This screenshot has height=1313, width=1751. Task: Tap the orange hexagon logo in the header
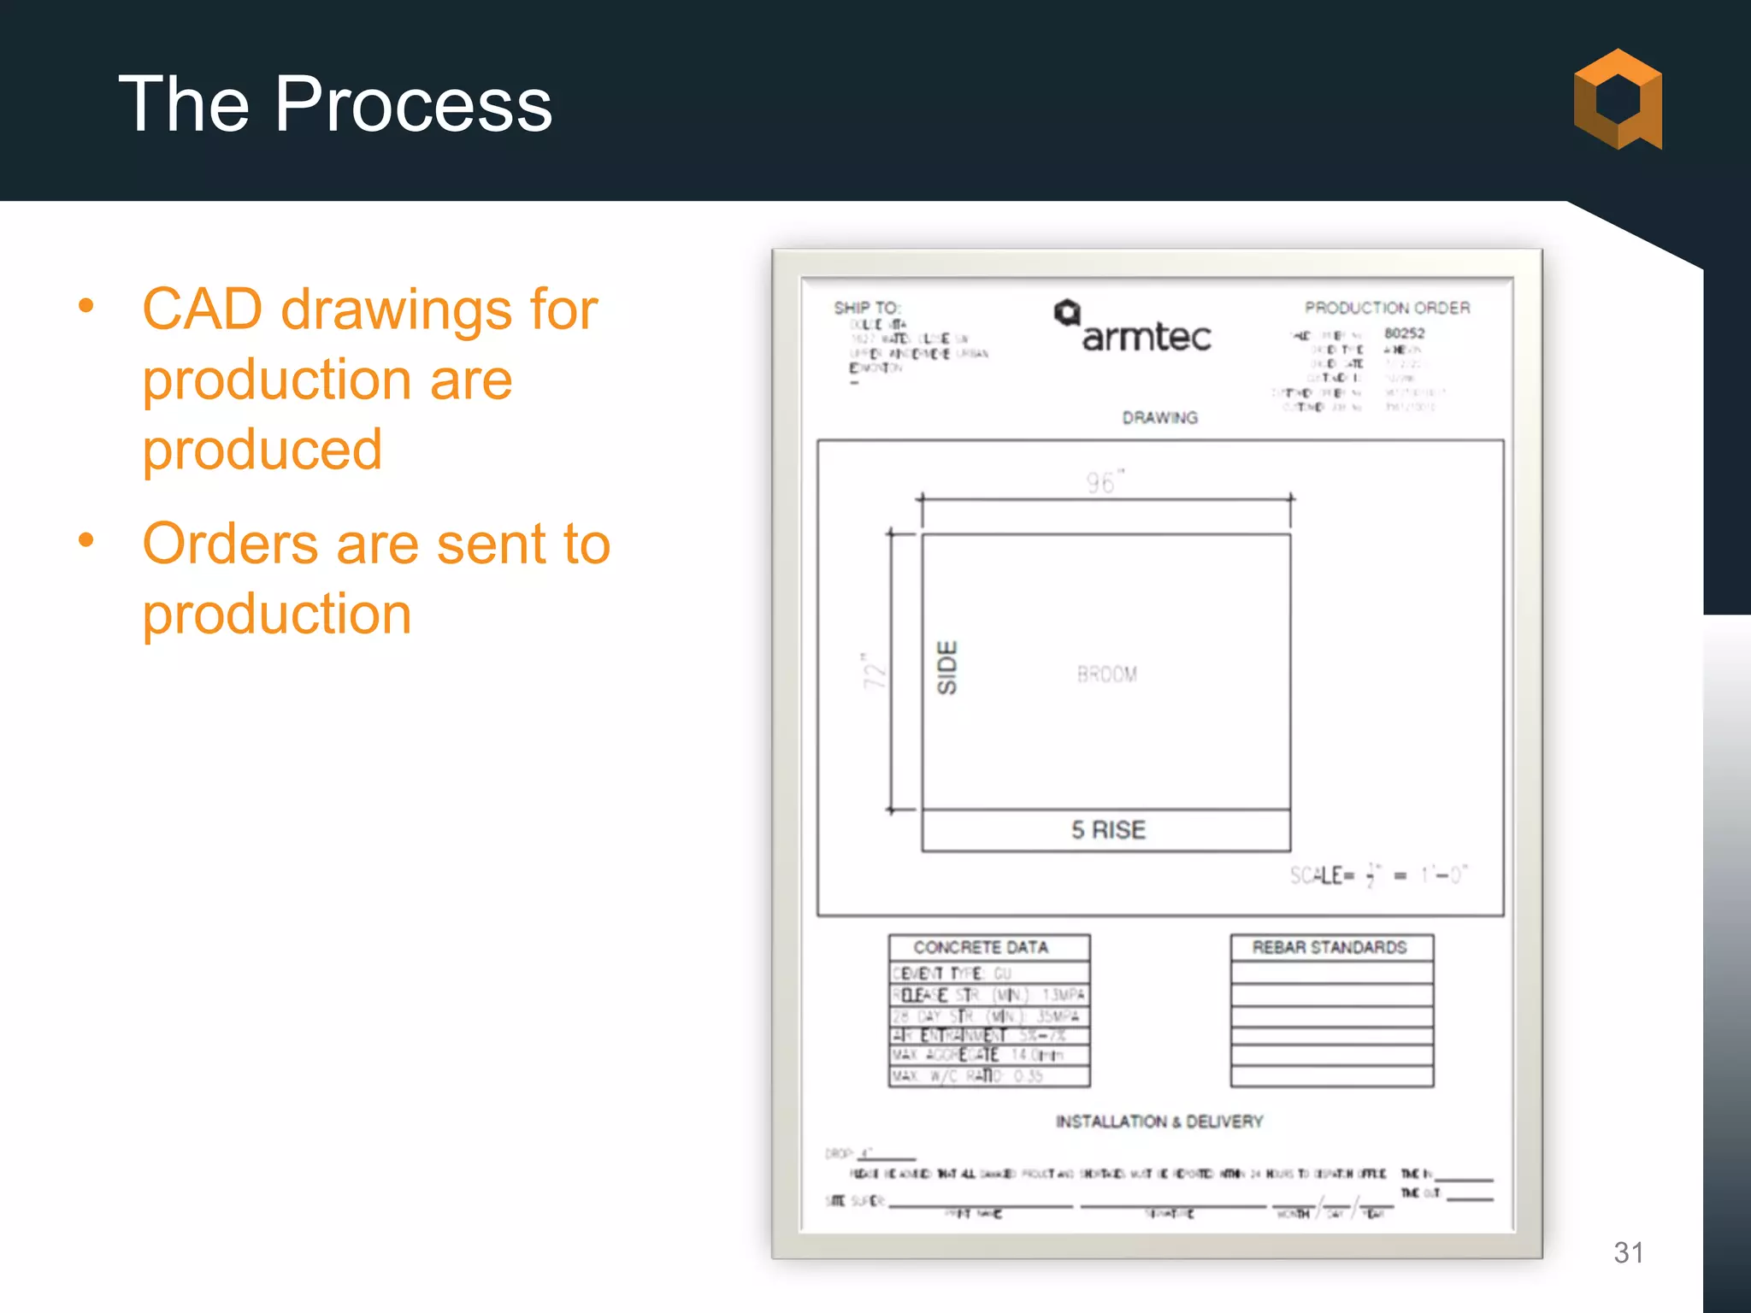pyautogui.click(x=1617, y=99)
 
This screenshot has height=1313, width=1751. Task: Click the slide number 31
pyautogui.click(x=1628, y=1252)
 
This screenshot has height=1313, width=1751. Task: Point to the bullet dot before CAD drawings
pyautogui.click(x=85, y=306)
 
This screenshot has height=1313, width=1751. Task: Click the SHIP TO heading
pyautogui.click(x=866, y=308)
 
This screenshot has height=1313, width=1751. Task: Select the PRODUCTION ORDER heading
pyautogui.click(x=1387, y=308)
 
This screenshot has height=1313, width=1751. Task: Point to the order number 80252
pyautogui.click(x=1404, y=333)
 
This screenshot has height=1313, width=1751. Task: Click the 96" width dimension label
pyautogui.click(x=1104, y=482)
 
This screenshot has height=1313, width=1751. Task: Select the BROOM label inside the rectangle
pyautogui.click(x=1106, y=674)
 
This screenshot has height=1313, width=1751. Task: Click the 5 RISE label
pyautogui.click(x=1108, y=830)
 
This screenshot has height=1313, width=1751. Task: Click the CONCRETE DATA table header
pyautogui.click(x=980, y=947)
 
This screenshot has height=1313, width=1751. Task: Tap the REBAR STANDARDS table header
pyautogui.click(x=1329, y=947)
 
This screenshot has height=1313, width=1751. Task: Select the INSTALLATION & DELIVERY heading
pyautogui.click(x=1158, y=1122)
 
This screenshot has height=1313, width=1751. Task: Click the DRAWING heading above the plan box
pyautogui.click(x=1159, y=418)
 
